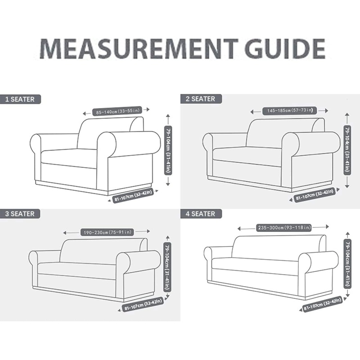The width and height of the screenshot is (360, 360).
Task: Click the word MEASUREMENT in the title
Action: click(x=139, y=49)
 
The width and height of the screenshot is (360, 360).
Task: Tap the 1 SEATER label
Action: click(x=20, y=99)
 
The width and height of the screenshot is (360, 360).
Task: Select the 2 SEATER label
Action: click(x=201, y=99)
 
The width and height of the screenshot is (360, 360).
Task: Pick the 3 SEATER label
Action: click(x=20, y=214)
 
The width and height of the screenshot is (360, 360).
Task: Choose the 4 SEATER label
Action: click(x=201, y=214)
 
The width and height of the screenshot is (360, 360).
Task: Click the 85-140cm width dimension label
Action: click(x=117, y=111)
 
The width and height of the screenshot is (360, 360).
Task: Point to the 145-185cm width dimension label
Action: click(x=290, y=110)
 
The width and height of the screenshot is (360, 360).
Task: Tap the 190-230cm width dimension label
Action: click(x=107, y=232)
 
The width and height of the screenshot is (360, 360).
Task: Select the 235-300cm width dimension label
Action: click(x=284, y=228)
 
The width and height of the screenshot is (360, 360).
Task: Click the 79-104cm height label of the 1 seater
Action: click(x=168, y=150)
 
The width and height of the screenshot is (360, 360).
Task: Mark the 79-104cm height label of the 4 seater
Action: click(x=347, y=264)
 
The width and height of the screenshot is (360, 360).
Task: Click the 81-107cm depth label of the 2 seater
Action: click(x=314, y=195)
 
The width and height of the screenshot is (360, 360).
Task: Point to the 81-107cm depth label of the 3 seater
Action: click(x=144, y=305)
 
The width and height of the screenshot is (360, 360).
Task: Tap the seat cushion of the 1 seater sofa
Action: click(x=69, y=158)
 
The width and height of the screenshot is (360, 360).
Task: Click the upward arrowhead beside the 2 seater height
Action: click(x=347, y=114)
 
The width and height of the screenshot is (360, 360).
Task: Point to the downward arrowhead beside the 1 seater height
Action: click(x=168, y=184)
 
